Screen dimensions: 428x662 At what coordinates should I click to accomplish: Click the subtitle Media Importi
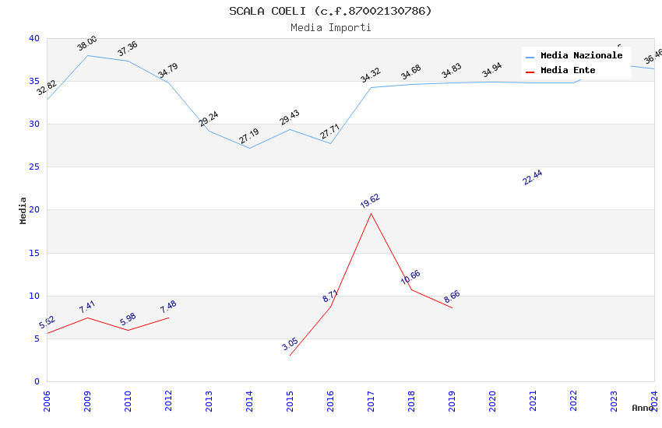coord(330,27)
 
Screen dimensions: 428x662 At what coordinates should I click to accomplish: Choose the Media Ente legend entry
coord(568,71)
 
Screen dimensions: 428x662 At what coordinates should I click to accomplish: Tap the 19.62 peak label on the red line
coord(370,202)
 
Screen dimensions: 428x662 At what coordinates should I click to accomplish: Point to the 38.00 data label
coord(87,44)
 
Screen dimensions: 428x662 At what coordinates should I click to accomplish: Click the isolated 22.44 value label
coord(533,177)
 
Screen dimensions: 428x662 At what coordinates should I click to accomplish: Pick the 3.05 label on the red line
coord(290,344)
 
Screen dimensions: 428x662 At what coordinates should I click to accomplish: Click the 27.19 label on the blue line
coord(249,137)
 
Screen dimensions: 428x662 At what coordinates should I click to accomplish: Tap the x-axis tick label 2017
coord(371,401)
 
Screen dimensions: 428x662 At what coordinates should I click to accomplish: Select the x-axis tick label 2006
coord(47,401)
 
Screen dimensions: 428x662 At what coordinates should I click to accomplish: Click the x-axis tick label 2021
coord(533,401)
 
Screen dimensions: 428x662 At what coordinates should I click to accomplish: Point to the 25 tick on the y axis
coord(34,167)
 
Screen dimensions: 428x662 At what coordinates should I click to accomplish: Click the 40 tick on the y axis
coord(34,38)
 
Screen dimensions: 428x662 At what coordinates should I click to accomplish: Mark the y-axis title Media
coord(23,210)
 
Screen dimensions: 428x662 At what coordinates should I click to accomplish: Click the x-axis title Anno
coord(643,408)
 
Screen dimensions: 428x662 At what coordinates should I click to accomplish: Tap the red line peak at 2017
coord(371,213)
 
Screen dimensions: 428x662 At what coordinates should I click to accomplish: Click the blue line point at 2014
coord(249,148)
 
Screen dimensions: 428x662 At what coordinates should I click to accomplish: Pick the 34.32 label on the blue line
coord(371,75)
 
